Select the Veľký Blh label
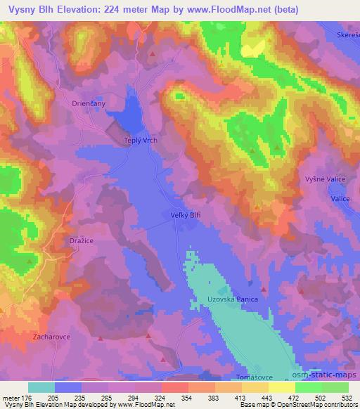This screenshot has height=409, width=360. click(x=186, y=216)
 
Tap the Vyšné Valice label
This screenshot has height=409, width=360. click(x=324, y=180)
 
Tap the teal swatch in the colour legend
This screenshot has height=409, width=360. click(x=41, y=387)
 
